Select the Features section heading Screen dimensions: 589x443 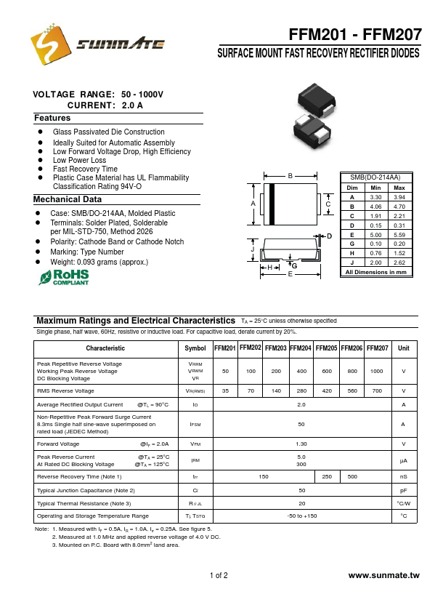(x=52, y=118)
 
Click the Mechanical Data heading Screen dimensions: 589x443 (x=68, y=199)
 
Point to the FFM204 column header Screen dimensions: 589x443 (x=301, y=348)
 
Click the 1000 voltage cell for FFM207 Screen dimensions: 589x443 (x=376, y=371)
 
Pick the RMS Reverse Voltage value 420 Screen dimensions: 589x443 (x=327, y=390)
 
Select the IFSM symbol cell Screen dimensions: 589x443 (x=195, y=423)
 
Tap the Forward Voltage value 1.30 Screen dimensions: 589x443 (x=301, y=443)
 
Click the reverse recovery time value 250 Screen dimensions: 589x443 (x=327, y=476)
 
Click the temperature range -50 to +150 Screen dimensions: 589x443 (x=301, y=516)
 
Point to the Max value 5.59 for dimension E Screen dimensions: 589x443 (x=399, y=234)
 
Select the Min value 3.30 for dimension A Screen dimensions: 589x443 (x=375, y=197)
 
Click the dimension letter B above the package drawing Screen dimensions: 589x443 (x=290, y=177)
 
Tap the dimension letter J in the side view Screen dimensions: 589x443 (x=253, y=249)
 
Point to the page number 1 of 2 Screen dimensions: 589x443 (x=219, y=576)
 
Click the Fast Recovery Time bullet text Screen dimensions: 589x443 (x=85, y=169)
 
